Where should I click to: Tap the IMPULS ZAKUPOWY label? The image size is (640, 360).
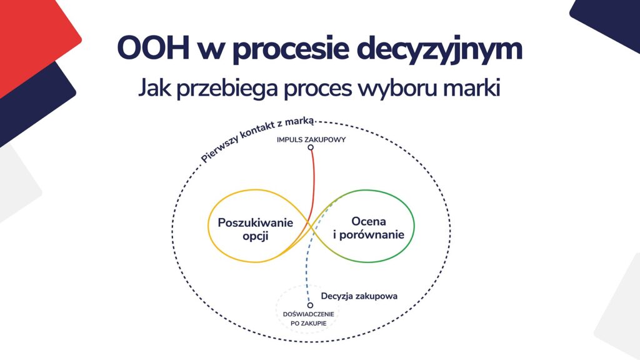coord(311,139)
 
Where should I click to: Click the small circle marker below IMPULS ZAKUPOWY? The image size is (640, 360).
coord(311,147)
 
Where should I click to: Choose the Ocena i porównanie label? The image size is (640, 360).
coord(369,228)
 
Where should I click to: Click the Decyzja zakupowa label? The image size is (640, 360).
coord(359,296)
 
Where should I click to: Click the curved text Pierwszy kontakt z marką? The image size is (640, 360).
coord(257,138)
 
